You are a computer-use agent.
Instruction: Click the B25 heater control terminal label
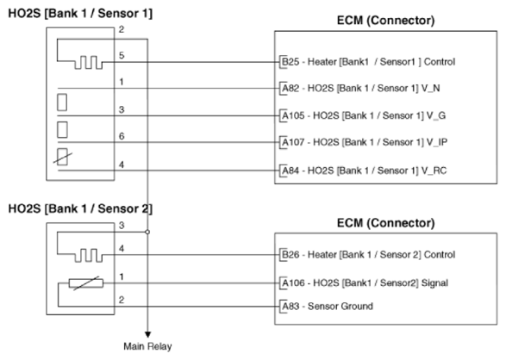(369, 61)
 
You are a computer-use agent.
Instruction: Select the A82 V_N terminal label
(361, 88)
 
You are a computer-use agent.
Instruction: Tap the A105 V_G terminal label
(364, 115)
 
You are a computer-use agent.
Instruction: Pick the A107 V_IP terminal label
(365, 142)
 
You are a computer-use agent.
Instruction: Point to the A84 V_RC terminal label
(365, 171)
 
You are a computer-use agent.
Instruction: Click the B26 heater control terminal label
(369, 255)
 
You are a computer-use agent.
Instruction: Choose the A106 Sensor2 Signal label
(365, 283)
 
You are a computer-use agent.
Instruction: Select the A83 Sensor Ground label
(328, 306)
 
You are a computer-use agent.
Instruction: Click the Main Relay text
(147, 346)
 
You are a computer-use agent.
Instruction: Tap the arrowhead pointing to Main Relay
(147, 334)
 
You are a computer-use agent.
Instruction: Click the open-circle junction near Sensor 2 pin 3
(147, 232)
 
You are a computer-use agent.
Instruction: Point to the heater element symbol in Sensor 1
(89, 63)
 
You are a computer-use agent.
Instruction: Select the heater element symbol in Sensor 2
(89, 255)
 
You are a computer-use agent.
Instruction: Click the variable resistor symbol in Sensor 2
(86, 283)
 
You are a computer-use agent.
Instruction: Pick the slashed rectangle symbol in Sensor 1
(62, 157)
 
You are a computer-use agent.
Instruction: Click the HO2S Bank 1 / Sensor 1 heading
(80, 14)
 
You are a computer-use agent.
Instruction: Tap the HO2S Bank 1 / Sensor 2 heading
(80, 208)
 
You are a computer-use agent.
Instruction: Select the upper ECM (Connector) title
(385, 21)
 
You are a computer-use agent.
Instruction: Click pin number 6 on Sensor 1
(122, 136)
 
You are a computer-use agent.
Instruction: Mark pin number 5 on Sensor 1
(122, 55)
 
